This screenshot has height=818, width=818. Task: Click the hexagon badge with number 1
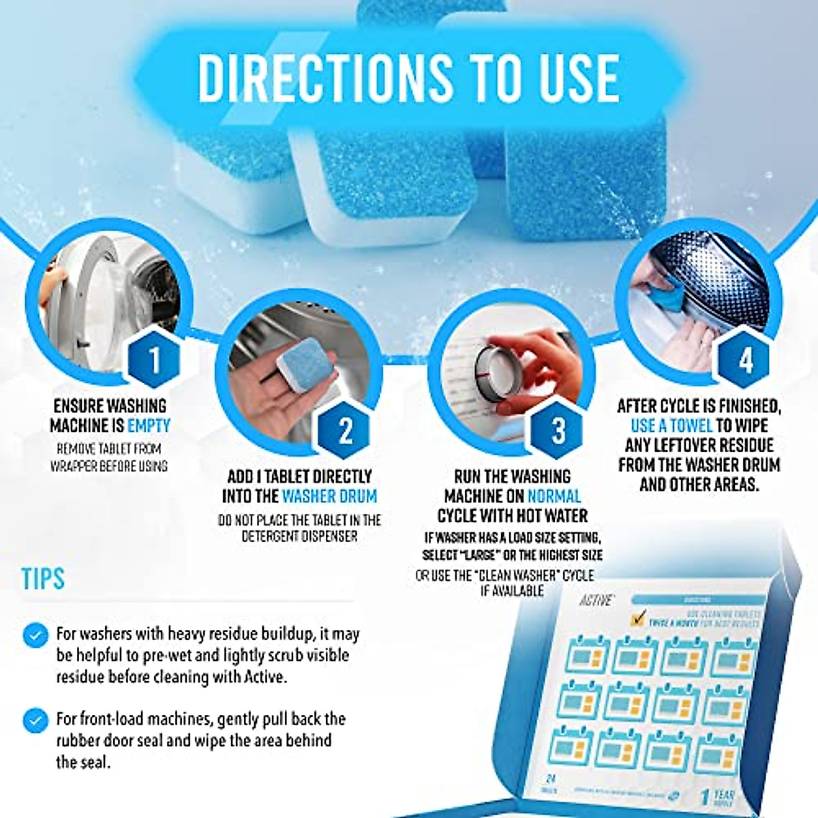155,359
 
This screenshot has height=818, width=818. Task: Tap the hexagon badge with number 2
345,430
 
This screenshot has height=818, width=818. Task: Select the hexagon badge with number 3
558,430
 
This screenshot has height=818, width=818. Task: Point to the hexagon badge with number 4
746,359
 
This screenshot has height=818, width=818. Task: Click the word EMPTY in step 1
149,426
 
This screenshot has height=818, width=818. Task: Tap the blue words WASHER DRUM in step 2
329,496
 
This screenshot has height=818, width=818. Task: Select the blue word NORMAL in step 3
554,496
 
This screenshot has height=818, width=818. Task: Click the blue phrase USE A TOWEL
671,426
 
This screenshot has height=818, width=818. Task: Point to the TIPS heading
43,579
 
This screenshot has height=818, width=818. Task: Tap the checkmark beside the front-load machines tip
35,721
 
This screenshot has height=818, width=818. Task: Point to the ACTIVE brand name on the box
596,601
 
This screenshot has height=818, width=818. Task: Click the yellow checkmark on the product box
637,619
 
